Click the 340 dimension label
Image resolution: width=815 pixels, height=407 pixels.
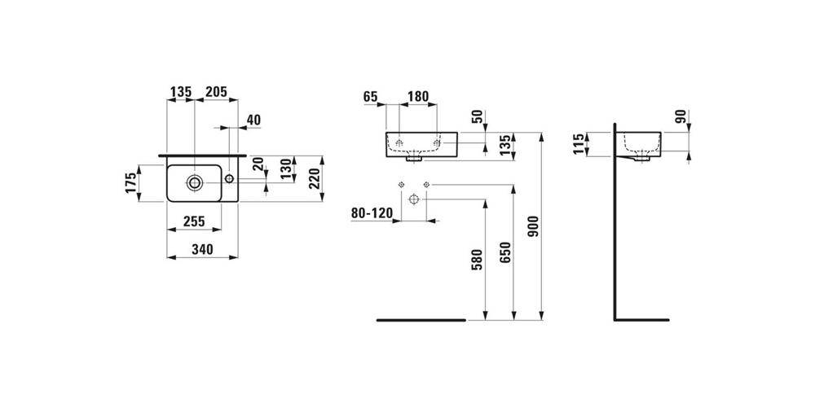click(x=202, y=250)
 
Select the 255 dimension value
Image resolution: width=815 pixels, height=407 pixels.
click(x=194, y=221)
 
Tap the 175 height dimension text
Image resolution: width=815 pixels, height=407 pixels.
click(x=131, y=182)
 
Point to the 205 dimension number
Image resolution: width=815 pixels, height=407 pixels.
click(x=216, y=92)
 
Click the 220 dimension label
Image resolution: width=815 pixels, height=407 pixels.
click(x=315, y=177)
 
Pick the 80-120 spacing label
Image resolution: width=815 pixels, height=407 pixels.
click(x=372, y=213)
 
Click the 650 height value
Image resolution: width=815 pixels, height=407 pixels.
click(x=506, y=253)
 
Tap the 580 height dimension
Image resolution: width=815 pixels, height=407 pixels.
click(x=477, y=260)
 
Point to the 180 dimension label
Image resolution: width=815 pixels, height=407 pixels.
click(x=418, y=97)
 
